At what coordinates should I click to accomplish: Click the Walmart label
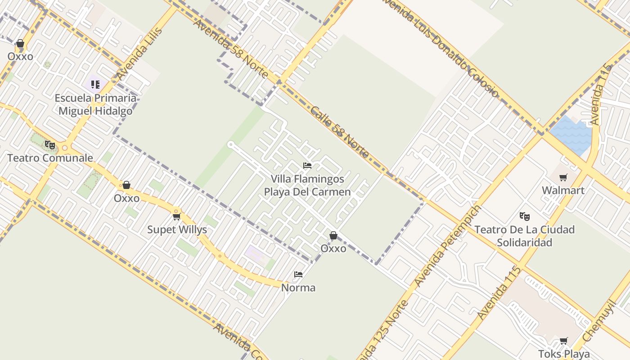click(x=563, y=190)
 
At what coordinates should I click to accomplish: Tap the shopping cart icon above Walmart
click(x=563, y=177)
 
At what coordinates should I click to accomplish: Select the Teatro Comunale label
click(x=50, y=158)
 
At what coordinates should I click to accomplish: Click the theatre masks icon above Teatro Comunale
click(x=50, y=145)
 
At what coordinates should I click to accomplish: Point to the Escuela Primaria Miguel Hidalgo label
click(x=95, y=104)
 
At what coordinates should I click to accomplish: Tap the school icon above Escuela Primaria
click(x=95, y=84)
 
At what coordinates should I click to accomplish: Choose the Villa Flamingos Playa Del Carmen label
click(x=307, y=185)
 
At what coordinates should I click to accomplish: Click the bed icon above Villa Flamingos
click(x=307, y=166)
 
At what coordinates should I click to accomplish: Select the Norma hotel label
click(x=298, y=288)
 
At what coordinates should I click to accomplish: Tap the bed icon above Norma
click(x=298, y=274)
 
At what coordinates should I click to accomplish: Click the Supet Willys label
click(x=177, y=229)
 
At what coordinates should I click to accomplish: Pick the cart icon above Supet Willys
click(x=177, y=217)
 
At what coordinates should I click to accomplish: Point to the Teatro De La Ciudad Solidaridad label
click(x=525, y=236)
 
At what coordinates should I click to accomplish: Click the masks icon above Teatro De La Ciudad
click(x=524, y=216)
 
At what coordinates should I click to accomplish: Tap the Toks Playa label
click(x=564, y=354)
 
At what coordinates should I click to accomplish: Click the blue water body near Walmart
click(x=571, y=134)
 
